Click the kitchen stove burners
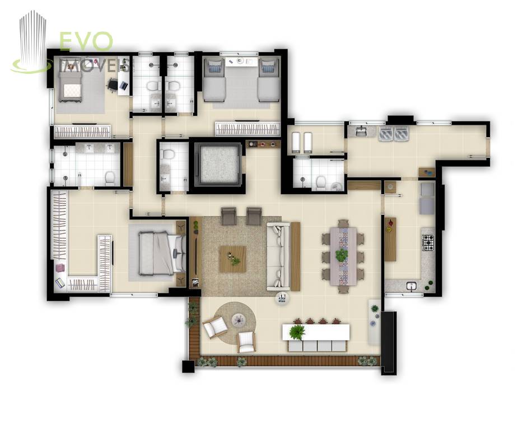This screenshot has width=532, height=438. tap(428, 242)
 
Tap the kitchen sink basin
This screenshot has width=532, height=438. tap(412, 286)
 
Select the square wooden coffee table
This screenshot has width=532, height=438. tap(233, 259)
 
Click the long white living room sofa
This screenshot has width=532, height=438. tap(278, 256)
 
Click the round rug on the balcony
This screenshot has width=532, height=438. tap(235, 323)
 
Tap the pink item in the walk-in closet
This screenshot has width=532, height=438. tap(60, 267)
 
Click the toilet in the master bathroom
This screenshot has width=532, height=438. tap(110, 178)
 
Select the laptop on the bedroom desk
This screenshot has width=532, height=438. tap(124, 86)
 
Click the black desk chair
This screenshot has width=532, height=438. tap(113, 84)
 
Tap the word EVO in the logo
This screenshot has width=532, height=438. tap(86, 41)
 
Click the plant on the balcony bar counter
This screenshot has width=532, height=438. tap(297, 332)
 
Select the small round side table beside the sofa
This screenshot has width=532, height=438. tap(282, 299)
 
